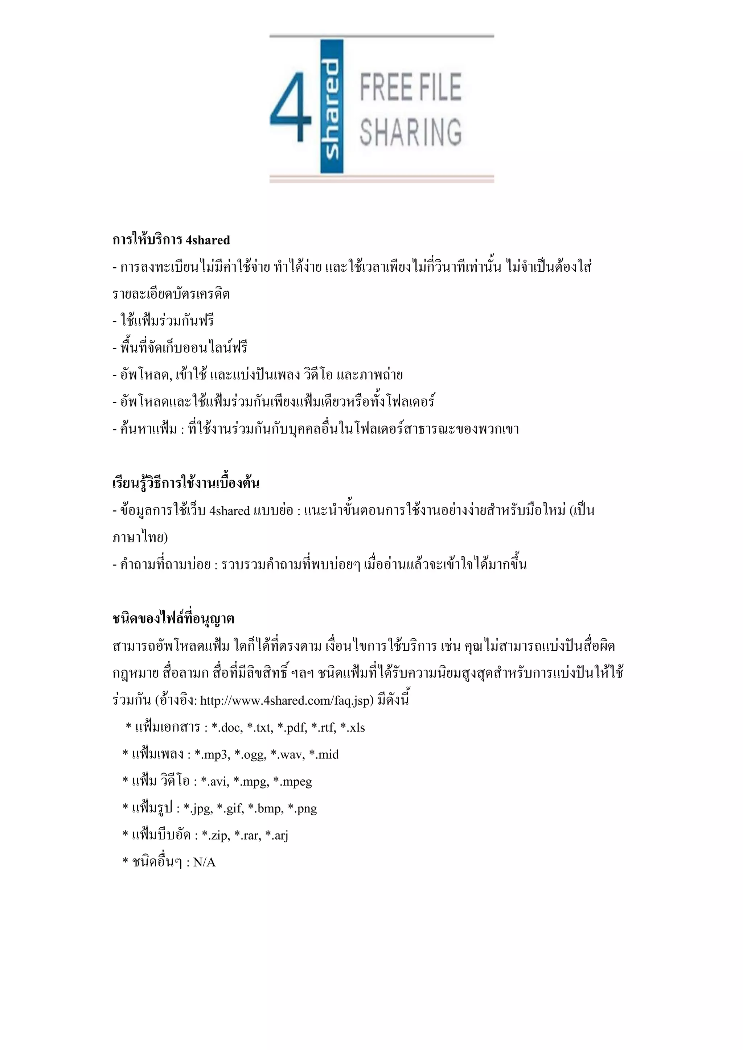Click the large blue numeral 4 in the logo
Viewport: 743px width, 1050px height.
tap(291, 107)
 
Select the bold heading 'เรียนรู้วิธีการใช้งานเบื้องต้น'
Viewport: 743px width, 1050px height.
tap(186, 483)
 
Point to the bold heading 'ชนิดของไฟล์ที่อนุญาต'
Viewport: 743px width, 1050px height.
tap(173, 619)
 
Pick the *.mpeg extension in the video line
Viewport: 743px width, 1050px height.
tap(292, 782)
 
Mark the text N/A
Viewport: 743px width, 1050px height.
tap(204, 862)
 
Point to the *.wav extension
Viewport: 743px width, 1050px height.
tap(287, 754)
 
